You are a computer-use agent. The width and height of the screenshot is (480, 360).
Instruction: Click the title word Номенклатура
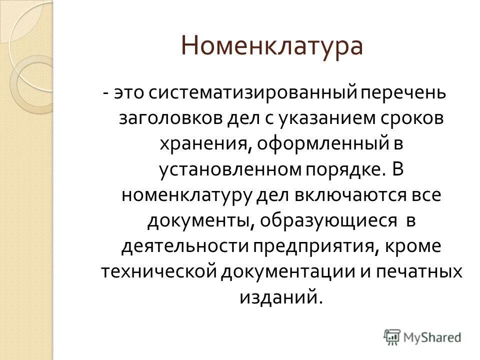(271, 47)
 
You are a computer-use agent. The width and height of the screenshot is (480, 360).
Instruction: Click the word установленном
(229, 170)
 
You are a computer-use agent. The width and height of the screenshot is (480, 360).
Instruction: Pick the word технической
(158, 272)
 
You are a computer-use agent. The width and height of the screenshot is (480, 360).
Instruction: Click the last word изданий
(278, 297)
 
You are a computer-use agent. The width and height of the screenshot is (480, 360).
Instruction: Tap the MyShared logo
(422, 336)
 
